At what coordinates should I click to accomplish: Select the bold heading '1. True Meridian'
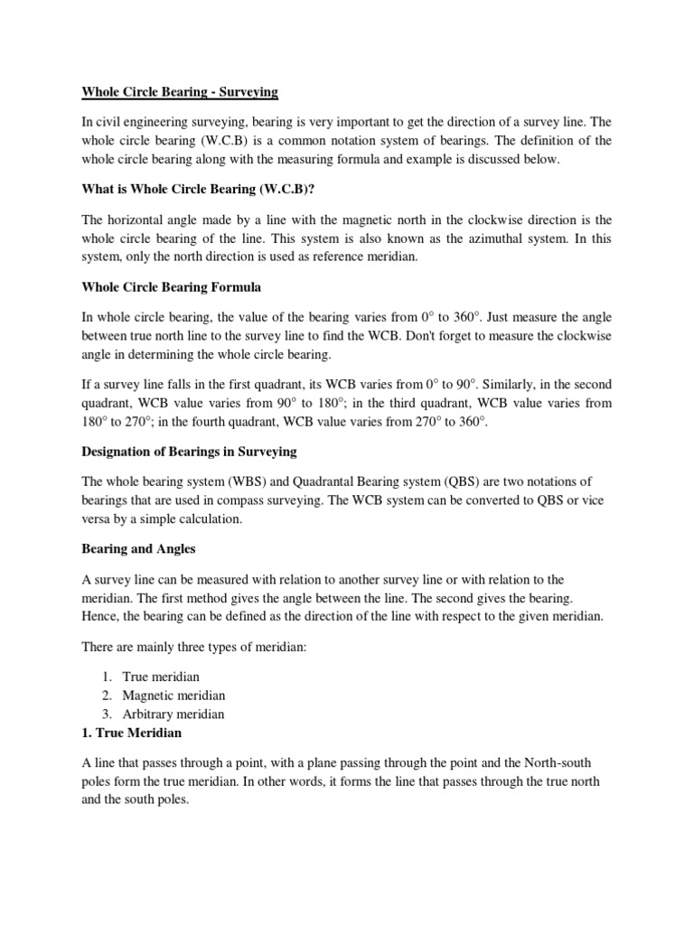point(132,733)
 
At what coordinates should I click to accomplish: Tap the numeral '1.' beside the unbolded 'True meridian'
point(107,677)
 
